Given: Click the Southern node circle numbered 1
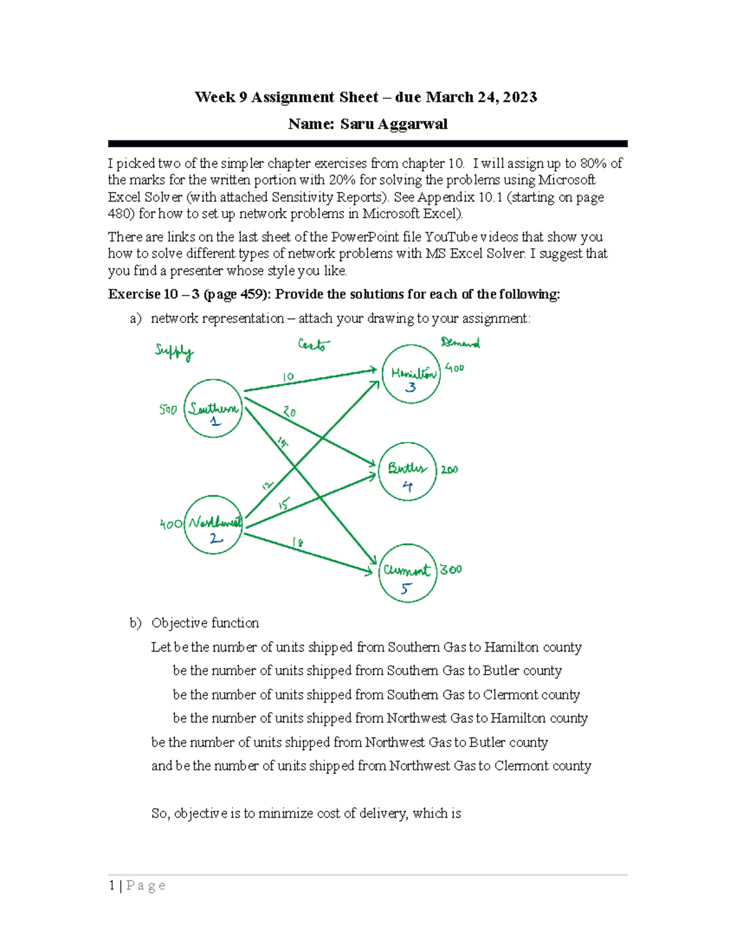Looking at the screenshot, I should pyautogui.click(x=213, y=408).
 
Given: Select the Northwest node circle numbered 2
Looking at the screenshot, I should pyautogui.click(x=213, y=525).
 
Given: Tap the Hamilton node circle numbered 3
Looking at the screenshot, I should pyautogui.click(x=411, y=375).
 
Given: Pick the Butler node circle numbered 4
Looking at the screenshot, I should pyautogui.click(x=407, y=471).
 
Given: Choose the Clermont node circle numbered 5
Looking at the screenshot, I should pyautogui.click(x=407, y=573).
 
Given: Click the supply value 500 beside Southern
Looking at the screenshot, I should pyautogui.click(x=167, y=409).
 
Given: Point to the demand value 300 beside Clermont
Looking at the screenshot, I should pyautogui.click(x=451, y=569).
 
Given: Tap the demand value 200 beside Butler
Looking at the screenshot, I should pyautogui.click(x=450, y=470).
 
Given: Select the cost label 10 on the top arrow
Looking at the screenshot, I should pyautogui.click(x=288, y=377).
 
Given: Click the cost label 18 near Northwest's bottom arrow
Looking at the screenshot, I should pyautogui.click(x=297, y=543).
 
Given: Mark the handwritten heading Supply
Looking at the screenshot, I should pyautogui.click(x=174, y=351).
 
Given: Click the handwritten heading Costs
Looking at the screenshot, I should pyautogui.click(x=313, y=345).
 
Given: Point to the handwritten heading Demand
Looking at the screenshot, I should pyautogui.click(x=460, y=343).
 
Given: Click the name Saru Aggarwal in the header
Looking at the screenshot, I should pyautogui.click(x=394, y=124).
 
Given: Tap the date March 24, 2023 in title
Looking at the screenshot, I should pyautogui.click(x=481, y=97).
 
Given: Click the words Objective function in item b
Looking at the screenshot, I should pyautogui.click(x=205, y=623).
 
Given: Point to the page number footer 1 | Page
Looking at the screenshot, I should pyautogui.click(x=137, y=885).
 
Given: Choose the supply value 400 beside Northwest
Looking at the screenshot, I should pyautogui.click(x=171, y=524).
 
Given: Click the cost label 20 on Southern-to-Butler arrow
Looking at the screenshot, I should pyautogui.click(x=289, y=412).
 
